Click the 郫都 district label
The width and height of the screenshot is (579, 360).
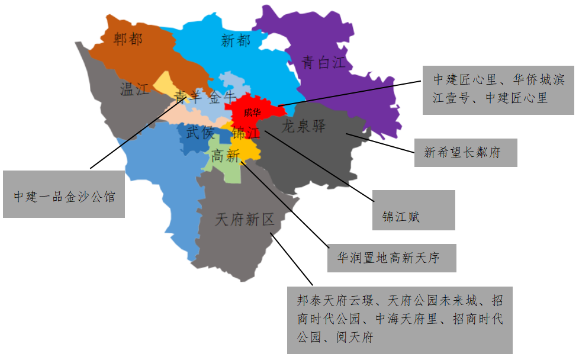click(128, 40)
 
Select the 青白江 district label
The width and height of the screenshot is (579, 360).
click(323, 63)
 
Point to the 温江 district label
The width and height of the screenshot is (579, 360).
click(134, 89)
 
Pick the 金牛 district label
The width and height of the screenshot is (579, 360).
click(222, 96)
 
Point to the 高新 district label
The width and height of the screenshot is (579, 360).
click(225, 156)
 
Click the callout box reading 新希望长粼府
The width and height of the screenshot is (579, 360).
click(465, 153)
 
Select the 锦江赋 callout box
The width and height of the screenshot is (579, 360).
click(414, 210)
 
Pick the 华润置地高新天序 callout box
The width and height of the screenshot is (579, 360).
click(391, 258)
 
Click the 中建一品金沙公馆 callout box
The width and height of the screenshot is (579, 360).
click(64, 194)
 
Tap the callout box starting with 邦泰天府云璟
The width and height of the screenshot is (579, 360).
click(400, 320)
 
